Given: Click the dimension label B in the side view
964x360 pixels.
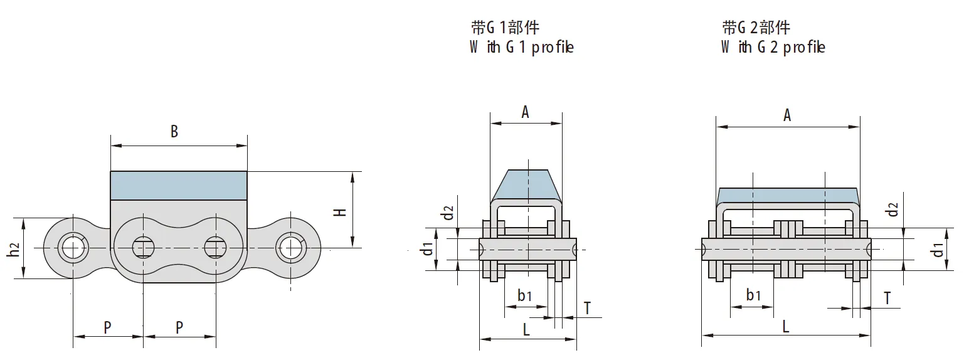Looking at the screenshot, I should (174, 132).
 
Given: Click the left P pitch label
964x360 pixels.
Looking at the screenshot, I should (108, 327).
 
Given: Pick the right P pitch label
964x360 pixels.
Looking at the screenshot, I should (179, 327).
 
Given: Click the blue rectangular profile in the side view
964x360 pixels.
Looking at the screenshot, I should (179, 185).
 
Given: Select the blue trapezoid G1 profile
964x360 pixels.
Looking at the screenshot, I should (526, 184).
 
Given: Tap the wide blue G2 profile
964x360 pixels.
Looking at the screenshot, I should (787, 196).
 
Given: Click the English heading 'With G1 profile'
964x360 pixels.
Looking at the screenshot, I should (521, 48).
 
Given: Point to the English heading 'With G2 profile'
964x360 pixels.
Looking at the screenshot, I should (773, 48).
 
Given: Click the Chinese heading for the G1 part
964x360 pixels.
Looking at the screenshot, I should (505, 28).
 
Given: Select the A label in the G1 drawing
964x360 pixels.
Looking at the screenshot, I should (526, 112).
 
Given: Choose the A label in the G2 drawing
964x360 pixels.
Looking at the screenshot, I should (787, 115).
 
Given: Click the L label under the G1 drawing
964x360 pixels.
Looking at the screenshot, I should (526, 329).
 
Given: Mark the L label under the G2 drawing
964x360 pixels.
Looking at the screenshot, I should (786, 327).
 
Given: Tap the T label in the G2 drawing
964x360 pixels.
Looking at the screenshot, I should (887, 298).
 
